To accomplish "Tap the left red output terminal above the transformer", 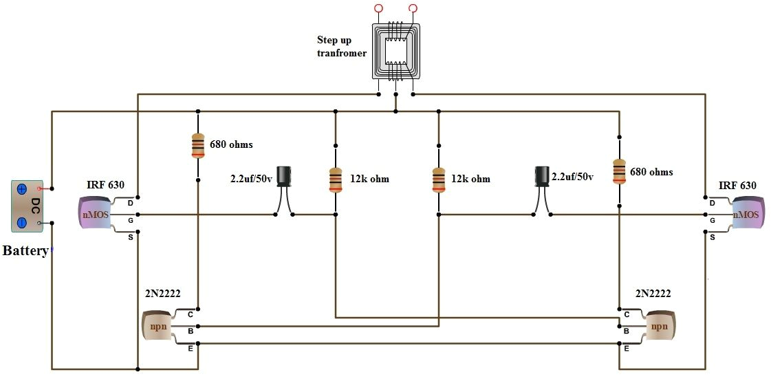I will (378, 8).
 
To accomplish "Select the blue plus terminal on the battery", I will (22, 188).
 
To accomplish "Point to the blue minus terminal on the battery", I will (22, 222).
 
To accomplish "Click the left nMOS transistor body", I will (96, 214).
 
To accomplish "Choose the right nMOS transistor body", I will (747, 214).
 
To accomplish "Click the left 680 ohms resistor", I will (198, 145).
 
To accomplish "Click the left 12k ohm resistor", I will (336, 179).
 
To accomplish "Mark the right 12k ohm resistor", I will (438, 179).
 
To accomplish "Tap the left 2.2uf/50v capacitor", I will (283, 177).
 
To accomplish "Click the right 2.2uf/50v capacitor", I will (542, 177).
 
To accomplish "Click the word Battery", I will (25, 251).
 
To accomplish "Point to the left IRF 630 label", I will (105, 186).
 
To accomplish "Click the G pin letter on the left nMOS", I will (130, 220).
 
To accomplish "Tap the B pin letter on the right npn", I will (626, 331).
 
